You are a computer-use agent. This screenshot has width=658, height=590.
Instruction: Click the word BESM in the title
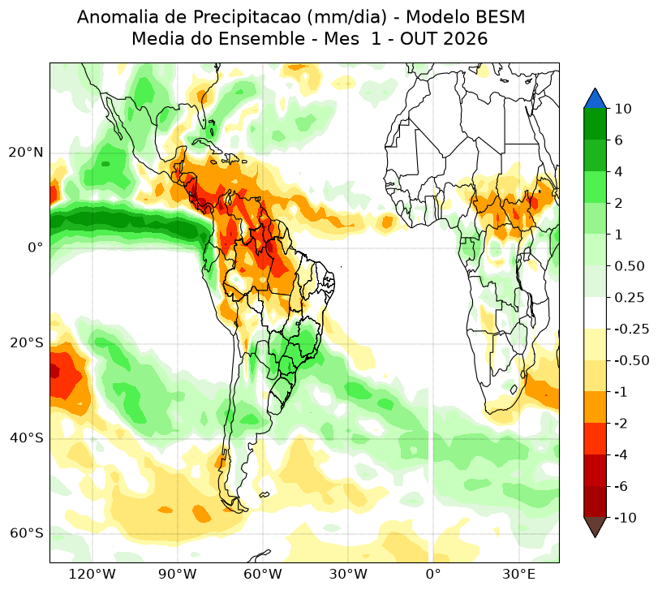[501, 17]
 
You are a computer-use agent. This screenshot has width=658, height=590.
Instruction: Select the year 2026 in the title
[466, 39]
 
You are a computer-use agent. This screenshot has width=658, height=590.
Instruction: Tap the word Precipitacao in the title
[246, 18]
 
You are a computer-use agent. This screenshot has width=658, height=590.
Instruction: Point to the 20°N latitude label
[26, 153]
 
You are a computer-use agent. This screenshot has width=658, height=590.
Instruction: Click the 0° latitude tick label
[36, 248]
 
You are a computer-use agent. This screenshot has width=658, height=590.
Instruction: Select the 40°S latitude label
[27, 438]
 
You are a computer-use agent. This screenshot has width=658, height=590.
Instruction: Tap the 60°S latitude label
[27, 534]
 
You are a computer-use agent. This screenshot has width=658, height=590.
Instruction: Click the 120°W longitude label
[92, 574]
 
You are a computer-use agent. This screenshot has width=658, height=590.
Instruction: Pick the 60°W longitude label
[263, 574]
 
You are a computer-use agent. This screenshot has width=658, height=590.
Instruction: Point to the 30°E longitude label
[518, 574]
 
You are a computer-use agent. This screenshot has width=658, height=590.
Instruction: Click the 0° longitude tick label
[433, 574]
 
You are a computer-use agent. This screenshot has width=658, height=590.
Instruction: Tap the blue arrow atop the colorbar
[595, 100]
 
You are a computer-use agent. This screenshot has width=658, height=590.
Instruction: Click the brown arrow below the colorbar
[595, 526]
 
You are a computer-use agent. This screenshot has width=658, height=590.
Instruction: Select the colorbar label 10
[623, 109]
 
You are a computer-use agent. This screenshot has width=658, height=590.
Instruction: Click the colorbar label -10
[626, 518]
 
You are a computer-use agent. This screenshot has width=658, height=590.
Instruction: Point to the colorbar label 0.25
[629, 298]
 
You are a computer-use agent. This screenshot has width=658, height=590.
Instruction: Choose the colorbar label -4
[621, 455]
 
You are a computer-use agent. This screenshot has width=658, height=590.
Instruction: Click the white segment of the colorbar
[595, 313]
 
